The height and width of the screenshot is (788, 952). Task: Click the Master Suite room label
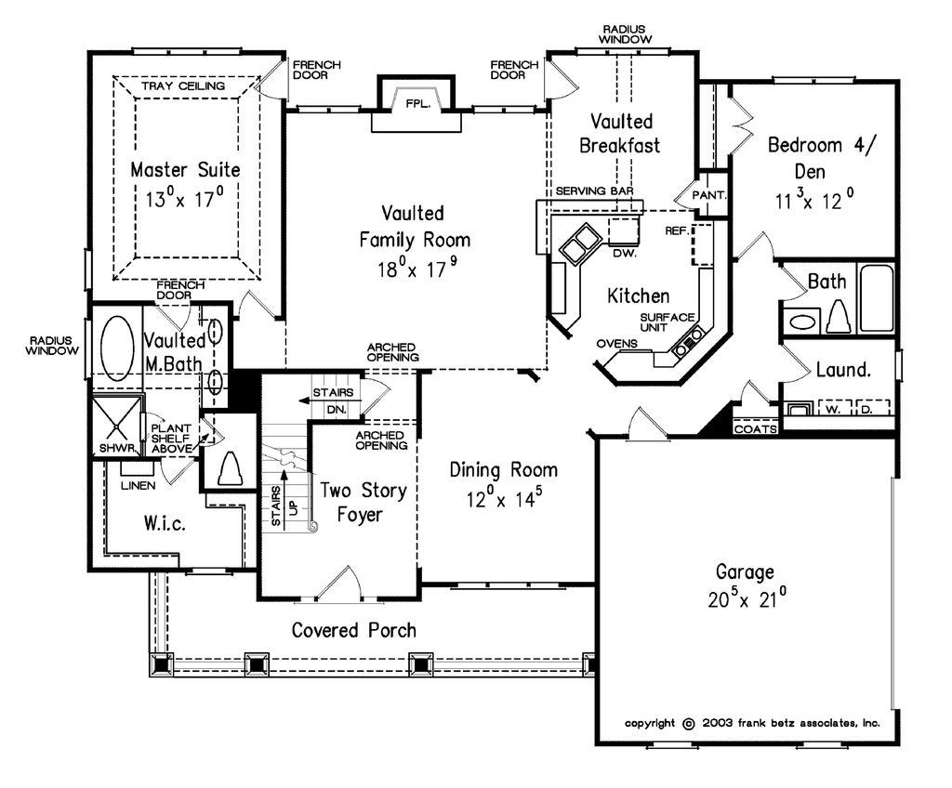pos(185,170)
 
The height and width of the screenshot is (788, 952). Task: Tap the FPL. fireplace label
pos(415,104)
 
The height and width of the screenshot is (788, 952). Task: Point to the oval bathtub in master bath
pos(116,348)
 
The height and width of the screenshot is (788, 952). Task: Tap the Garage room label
pos(745,571)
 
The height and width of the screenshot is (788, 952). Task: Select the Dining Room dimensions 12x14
pos(504,499)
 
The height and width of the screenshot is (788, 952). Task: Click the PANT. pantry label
pos(709,196)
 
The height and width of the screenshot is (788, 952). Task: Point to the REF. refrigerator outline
pos(703,243)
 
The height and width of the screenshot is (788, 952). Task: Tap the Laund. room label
pos(843,370)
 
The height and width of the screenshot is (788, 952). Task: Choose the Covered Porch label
pos(353,630)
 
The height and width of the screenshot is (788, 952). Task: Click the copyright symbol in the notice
pos(688,723)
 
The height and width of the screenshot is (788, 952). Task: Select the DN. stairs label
pos(337,409)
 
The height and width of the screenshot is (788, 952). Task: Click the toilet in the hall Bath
pos(839,316)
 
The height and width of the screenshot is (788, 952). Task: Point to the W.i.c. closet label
pos(165,524)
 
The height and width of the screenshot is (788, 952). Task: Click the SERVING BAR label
pos(594,190)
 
